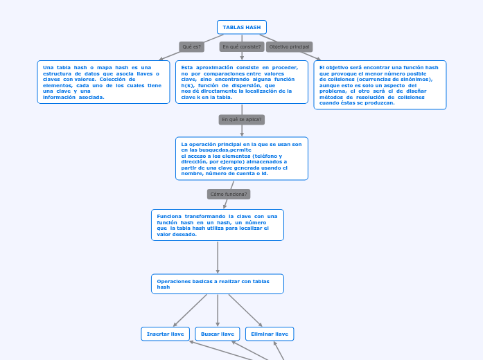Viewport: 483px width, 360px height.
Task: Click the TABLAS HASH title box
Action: click(x=241, y=27)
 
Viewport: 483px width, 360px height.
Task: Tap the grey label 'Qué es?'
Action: click(x=192, y=47)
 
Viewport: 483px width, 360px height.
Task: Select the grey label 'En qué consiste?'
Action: click(x=241, y=47)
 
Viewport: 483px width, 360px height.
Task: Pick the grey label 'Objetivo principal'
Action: click(x=289, y=47)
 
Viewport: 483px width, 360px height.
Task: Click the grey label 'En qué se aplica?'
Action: click(x=241, y=120)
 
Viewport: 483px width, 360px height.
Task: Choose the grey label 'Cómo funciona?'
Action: click(x=229, y=195)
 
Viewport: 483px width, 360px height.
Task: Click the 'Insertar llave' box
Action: click(x=165, y=334)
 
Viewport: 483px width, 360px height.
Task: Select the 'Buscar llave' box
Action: click(x=217, y=334)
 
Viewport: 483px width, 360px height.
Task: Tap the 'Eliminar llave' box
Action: click(x=270, y=334)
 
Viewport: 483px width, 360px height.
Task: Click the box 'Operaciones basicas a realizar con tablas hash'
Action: click(x=217, y=284)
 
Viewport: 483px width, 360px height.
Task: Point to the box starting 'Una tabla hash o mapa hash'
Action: click(x=103, y=82)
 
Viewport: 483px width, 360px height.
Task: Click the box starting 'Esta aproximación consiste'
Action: click(x=241, y=82)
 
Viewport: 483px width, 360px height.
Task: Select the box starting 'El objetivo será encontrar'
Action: click(x=380, y=84)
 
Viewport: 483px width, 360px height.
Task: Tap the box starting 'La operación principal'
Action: click(x=241, y=159)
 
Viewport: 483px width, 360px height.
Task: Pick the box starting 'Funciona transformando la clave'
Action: click(x=217, y=225)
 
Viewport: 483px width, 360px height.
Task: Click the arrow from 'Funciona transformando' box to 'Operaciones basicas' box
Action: click(x=218, y=258)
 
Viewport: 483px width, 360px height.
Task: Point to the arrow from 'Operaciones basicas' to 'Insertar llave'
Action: click(x=191, y=309)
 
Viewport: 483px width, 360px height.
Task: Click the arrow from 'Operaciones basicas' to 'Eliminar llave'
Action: click(x=245, y=310)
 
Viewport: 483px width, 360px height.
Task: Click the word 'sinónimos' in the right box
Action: click(x=413, y=79)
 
